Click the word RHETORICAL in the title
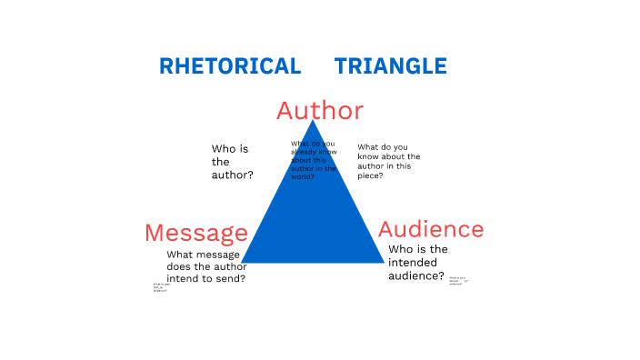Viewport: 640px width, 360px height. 230,66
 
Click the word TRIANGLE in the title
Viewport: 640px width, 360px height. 391,66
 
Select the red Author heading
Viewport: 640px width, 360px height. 320,111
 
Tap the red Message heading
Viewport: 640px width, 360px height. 196,233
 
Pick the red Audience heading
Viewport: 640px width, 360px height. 431,229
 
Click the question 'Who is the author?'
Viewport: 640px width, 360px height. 233,161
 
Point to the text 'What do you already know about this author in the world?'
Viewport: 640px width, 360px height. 314,160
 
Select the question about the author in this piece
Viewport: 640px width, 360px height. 389,161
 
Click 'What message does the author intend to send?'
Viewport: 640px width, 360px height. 206,266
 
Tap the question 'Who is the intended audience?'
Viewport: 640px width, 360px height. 416,263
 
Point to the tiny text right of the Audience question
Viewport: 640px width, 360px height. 457,281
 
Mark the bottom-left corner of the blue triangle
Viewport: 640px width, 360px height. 242,262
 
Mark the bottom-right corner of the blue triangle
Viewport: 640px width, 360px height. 385,262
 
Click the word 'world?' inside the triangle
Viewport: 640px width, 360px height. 303,176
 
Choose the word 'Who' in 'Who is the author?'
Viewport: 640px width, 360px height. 224,148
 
